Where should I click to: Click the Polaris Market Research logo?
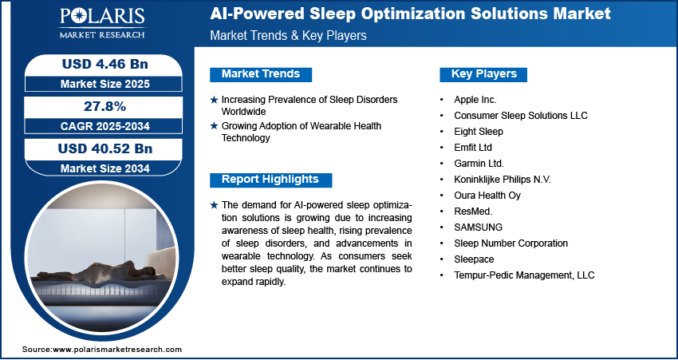102,23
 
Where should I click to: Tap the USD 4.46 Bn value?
105,64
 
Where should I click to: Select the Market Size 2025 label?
105,84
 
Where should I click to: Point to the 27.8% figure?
104,106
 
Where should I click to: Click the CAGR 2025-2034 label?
105,126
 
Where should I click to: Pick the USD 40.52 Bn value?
105,148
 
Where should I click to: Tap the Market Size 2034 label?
105,168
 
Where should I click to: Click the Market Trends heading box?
261,74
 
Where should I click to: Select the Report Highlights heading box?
270,180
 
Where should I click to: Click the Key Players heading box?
483,74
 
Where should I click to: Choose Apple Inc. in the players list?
475,100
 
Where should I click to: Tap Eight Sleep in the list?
479,131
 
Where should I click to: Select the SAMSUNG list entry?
479,227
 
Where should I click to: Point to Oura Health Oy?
487,195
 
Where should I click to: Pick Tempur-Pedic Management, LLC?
524,275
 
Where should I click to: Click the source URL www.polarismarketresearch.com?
117,349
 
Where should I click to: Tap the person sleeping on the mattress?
97,271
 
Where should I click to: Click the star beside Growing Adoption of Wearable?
214,126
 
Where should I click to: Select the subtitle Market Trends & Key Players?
289,35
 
